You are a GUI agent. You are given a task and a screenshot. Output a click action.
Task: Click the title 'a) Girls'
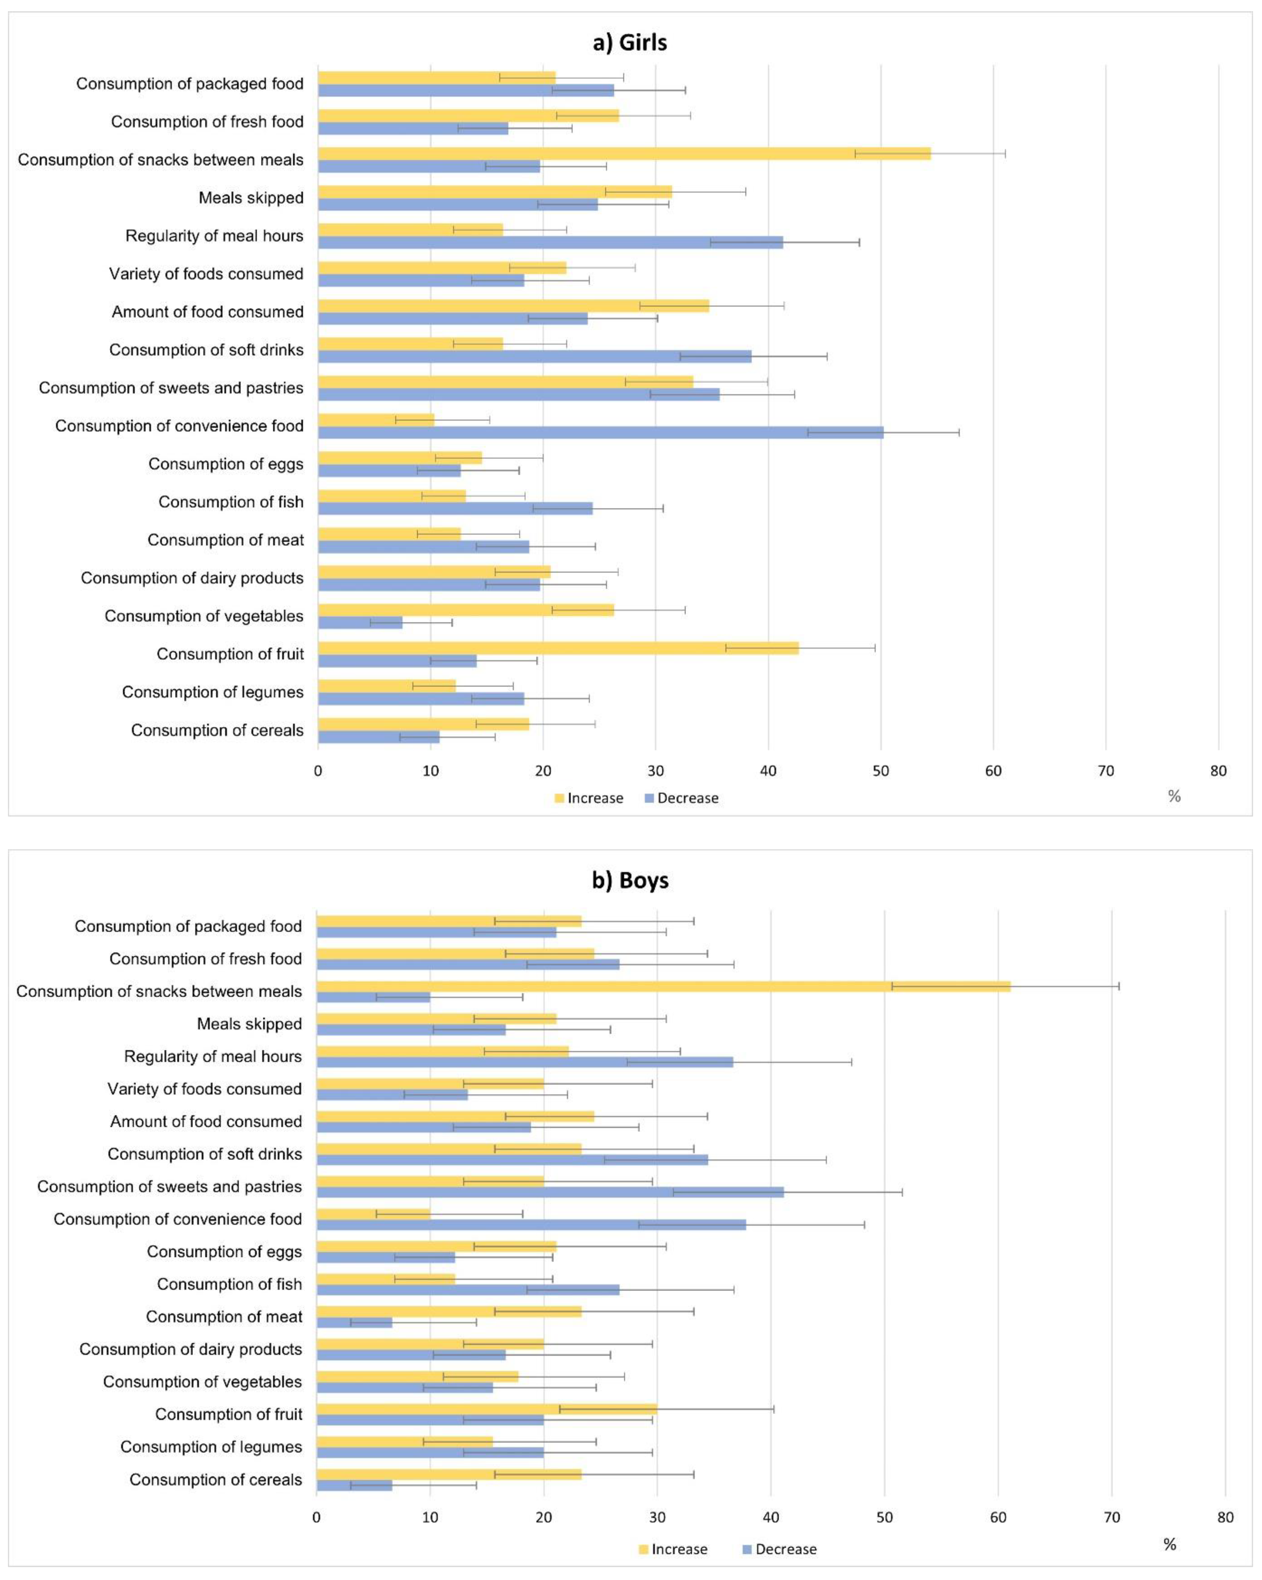[x=630, y=42]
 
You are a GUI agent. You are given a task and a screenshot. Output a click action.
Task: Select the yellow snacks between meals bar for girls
[x=623, y=153]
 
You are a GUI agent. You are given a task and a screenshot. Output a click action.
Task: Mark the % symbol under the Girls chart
[x=1174, y=797]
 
